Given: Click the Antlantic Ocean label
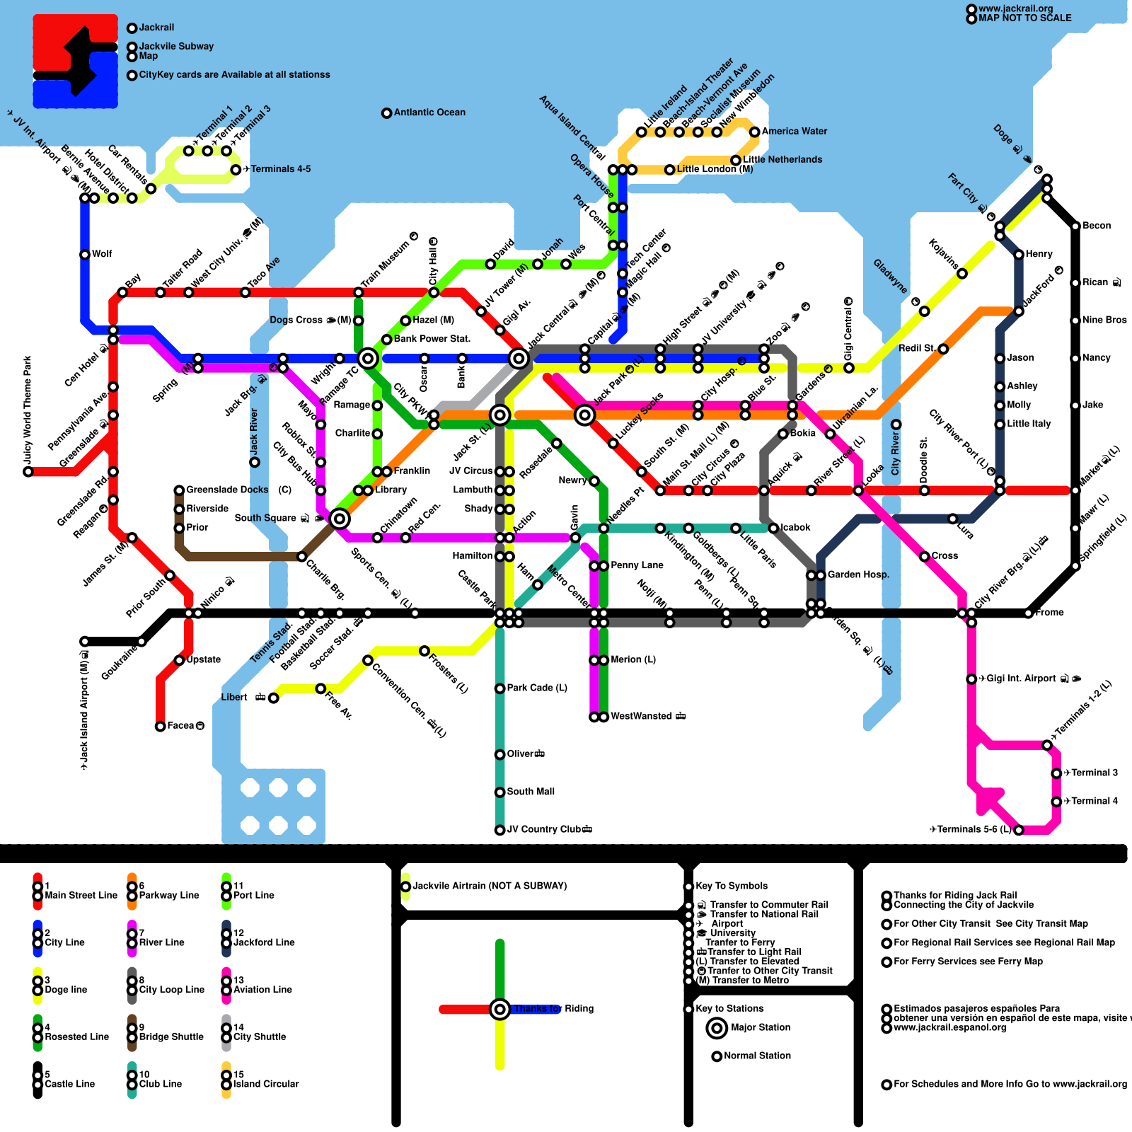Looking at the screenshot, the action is (429, 112).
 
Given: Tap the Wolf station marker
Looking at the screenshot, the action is (85, 254).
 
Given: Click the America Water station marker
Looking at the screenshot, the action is (755, 132).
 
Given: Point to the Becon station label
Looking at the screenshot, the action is (1097, 226).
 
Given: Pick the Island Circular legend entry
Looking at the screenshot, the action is (266, 1084).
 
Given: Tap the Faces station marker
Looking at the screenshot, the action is (161, 726).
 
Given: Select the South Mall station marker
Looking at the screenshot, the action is (499, 792).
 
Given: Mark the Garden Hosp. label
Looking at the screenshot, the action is (858, 574).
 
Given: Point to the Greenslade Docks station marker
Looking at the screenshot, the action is (179, 490).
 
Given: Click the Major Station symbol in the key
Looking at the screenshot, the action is (717, 1027).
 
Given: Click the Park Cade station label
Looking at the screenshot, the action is (536, 688).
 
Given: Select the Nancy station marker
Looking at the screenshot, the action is (1075, 358).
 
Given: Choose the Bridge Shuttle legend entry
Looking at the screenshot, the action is (171, 1036).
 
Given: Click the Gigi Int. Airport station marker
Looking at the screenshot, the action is (971, 678).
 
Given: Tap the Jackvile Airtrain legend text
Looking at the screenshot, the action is (489, 886).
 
